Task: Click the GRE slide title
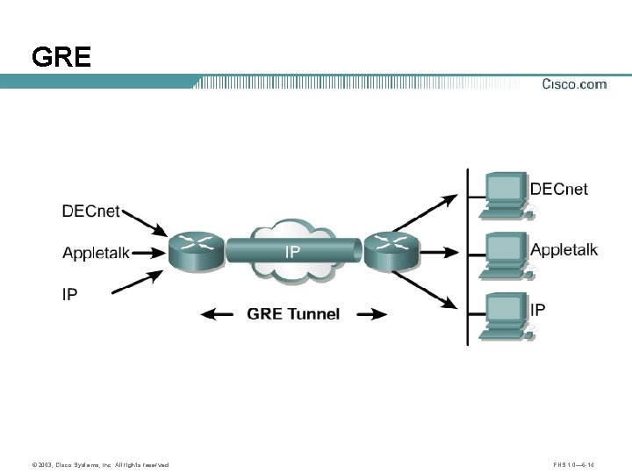61,58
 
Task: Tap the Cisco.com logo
574,84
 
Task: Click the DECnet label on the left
91,212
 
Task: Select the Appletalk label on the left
96,253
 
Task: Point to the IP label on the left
69,294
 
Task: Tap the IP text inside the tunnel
292,252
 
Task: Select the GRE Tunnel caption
293,313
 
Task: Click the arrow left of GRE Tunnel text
219,313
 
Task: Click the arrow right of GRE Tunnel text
368,313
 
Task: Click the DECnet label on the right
559,189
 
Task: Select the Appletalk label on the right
564,249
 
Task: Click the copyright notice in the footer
99,464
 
